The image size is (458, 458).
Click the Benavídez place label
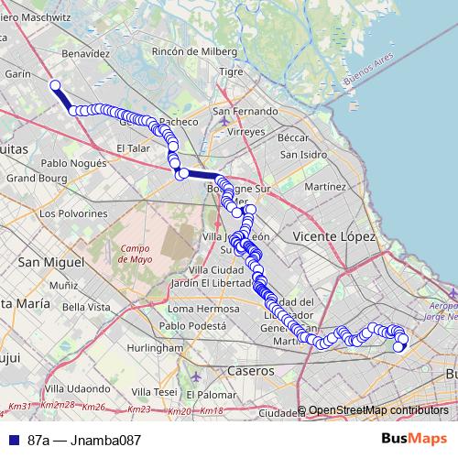click(84, 54)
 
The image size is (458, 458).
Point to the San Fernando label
click(245, 111)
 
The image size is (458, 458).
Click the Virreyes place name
click(246, 132)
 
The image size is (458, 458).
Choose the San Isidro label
click(303, 154)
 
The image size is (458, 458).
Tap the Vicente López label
click(334, 236)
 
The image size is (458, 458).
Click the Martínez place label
click(325, 186)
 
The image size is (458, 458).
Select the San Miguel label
click(47, 262)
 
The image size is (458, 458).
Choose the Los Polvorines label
click(74, 213)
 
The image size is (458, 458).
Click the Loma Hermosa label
click(191, 309)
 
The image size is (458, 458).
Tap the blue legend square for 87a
click(12, 440)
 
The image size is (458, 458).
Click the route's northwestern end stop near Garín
click(55, 86)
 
